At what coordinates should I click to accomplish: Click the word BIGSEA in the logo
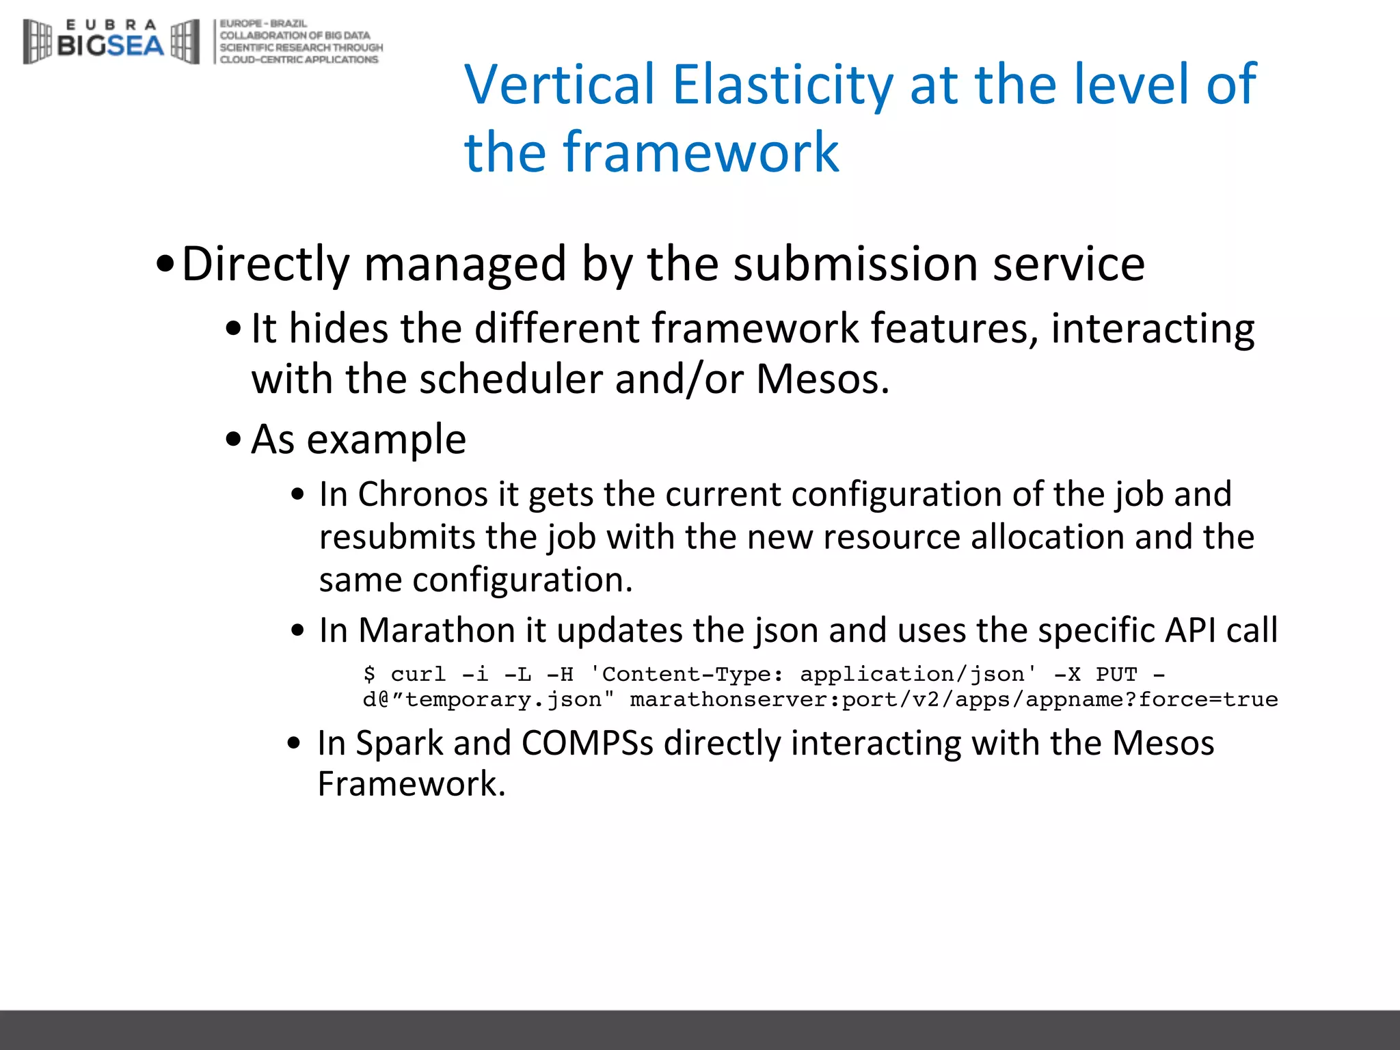(x=111, y=46)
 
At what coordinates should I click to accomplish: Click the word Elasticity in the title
(x=782, y=85)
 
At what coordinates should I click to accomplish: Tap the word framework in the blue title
(x=701, y=152)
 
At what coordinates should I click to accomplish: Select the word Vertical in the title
(x=560, y=85)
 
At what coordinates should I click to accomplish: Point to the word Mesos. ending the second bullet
(x=822, y=379)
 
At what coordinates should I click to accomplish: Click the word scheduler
(x=510, y=379)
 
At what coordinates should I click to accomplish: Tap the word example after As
(x=386, y=440)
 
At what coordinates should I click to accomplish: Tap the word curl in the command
(x=418, y=675)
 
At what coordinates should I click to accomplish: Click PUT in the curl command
(x=1116, y=675)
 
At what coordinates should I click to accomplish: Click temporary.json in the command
(x=502, y=700)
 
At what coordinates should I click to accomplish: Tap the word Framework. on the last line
(x=412, y=784)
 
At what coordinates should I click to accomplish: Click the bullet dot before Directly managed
(x=165, y=265)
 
